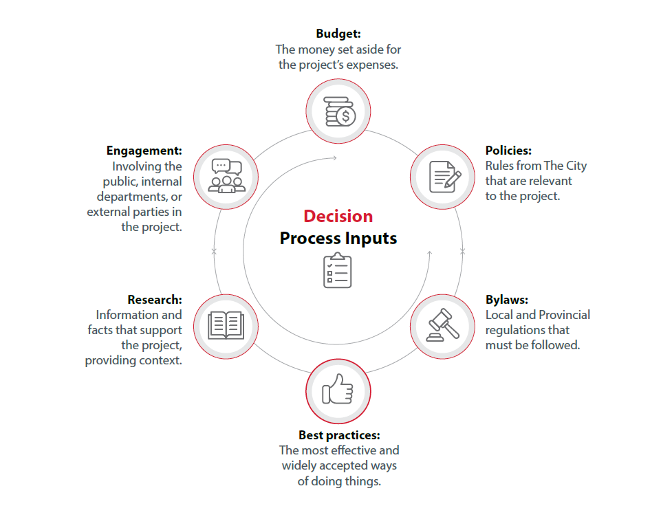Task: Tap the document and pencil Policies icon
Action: point(444,177)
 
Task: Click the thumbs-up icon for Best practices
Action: point(338,391)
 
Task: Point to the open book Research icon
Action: point(226,325)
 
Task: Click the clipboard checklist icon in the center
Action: point(338,270)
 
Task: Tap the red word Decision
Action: point(338,216)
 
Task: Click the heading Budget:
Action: point(338,33)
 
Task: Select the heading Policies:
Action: point(508,151)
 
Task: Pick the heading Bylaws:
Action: point(506,300)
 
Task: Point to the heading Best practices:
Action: point(339,435)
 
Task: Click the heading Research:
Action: point(155,300)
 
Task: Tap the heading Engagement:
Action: point(144,151)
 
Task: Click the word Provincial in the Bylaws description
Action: point(564,315)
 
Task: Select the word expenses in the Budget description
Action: point(372,65)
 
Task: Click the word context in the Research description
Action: point(162,360)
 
